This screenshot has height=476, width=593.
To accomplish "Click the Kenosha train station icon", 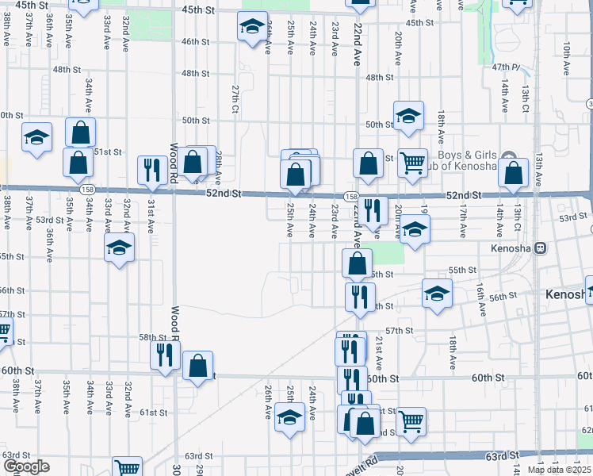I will point(541,248).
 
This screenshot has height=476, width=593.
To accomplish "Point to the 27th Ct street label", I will point(235,98).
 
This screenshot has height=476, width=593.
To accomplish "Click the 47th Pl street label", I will point(505,67).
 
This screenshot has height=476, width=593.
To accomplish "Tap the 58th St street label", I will point(153,337).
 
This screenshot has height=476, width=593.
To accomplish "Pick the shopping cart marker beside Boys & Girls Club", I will point(412,164).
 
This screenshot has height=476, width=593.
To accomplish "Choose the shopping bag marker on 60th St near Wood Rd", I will point(197,366).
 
